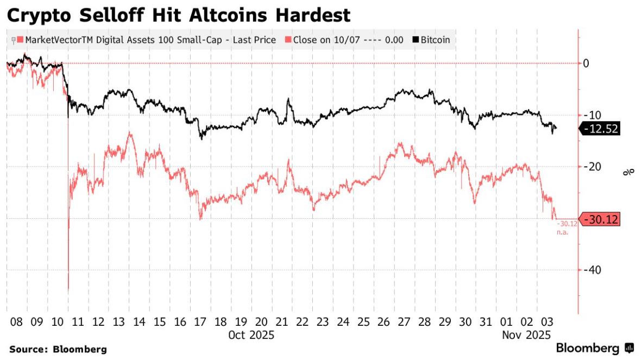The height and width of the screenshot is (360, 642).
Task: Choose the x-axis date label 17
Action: tap(200, 321)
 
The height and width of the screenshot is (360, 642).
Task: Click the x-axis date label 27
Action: tap(404, 321)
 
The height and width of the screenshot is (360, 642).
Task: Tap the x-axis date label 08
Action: tap(16, 321)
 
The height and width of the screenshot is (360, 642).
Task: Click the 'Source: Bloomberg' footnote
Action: tap(58, 349)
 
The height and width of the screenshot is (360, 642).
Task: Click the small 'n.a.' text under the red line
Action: tap(562, 232)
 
